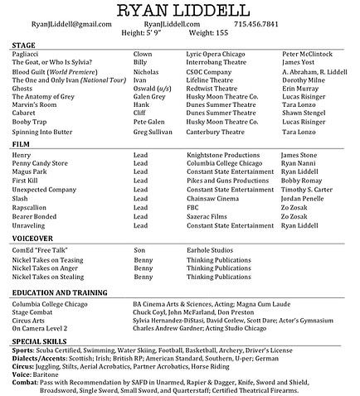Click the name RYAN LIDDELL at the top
(x=180, y=11)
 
